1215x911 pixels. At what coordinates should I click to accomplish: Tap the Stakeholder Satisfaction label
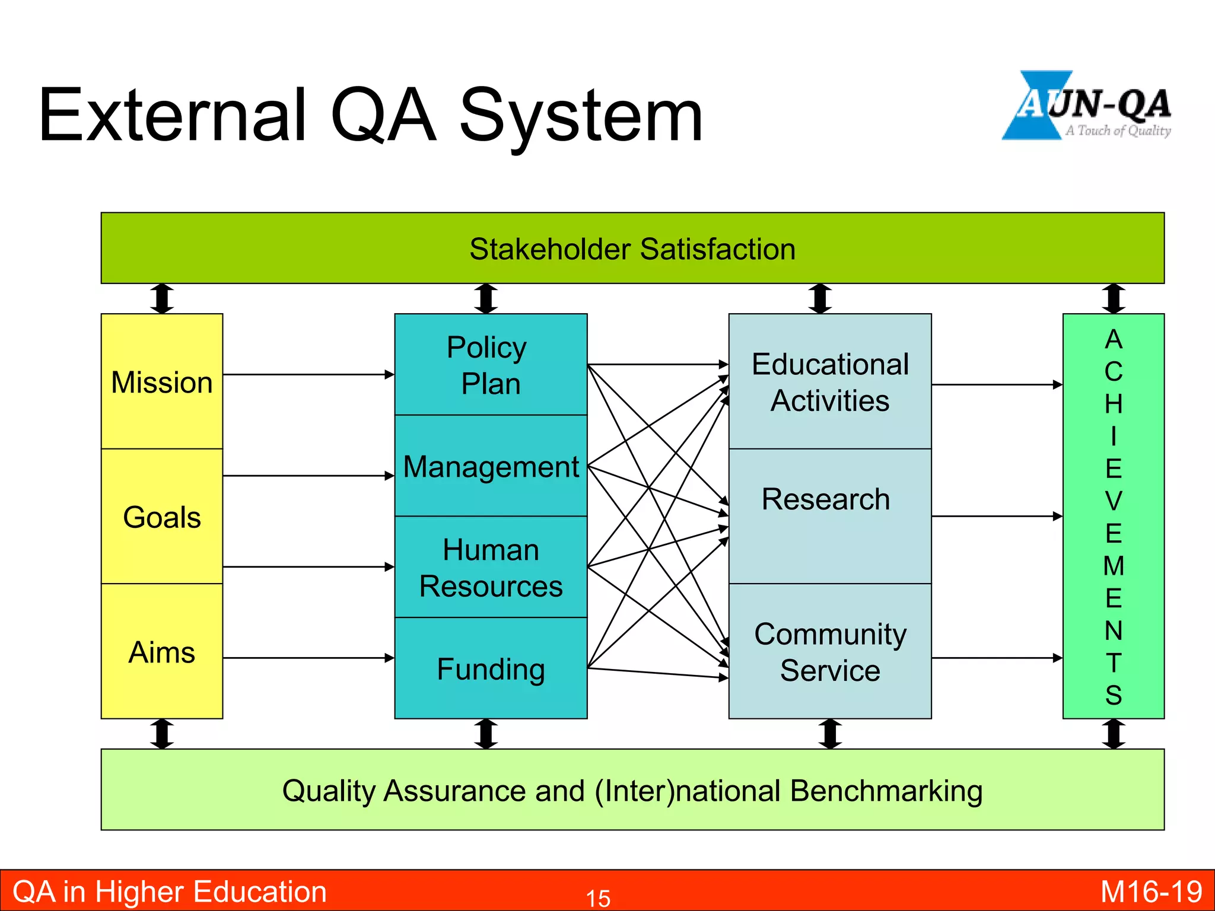click(632, 249)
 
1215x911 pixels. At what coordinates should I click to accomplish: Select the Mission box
click(162, 382)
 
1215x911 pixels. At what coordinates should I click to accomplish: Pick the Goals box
click(162, 517)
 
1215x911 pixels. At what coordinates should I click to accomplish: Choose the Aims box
click(162, 652)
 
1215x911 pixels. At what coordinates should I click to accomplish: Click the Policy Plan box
click(491, 365)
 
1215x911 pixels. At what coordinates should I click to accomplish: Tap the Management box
click(491, 466)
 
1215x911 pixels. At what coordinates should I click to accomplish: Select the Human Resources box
click(491, 568)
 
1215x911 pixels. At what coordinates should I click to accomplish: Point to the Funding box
click(491, 669)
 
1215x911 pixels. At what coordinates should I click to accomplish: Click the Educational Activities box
click(830, 382)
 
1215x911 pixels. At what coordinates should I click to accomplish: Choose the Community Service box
click(830, 652)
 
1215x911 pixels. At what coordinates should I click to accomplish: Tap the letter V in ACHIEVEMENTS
click(1114, 501)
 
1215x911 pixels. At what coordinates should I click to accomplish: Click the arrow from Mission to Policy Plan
click(308, 374)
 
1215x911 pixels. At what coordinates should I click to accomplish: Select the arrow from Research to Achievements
click(997, 517)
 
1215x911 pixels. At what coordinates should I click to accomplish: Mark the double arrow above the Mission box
click(162, 298)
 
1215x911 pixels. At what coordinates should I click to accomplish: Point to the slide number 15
click(598, 898)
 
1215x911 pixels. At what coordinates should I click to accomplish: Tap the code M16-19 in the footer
click(1151, 892)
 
